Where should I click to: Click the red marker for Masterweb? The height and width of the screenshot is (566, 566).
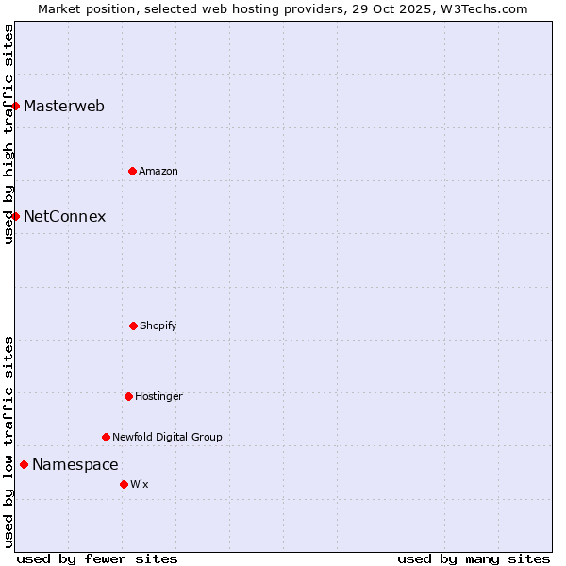[x=16, y=106]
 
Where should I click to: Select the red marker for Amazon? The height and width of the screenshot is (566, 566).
[x=132, y=171]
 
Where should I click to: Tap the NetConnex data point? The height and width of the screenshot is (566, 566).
[x=16, y=216]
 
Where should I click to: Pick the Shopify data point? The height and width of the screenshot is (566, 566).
[x=133, y=325]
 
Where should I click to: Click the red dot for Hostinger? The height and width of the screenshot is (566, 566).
[x=128, y=396]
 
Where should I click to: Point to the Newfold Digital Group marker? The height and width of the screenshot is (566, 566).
[x=106, y=437]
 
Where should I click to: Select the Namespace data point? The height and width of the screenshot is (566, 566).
[x=24, y=464]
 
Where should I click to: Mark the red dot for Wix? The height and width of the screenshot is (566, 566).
[x=124, y=484]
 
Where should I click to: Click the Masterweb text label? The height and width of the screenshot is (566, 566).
[x=64, y=106]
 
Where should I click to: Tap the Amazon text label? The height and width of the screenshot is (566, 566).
[x=158, y=171]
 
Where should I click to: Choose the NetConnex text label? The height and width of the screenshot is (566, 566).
[x=65, y=216]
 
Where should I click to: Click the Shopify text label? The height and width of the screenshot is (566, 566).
[x=158, y=325]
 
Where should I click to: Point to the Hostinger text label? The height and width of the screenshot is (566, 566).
[x=158, y=396]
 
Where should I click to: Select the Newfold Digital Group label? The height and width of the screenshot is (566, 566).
[x=167, y=437]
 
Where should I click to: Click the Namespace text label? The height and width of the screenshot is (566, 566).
[x=75, y=464]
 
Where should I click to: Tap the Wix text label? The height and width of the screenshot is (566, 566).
[x=140, y=484]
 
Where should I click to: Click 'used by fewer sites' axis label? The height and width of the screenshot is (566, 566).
[x=97, y=558]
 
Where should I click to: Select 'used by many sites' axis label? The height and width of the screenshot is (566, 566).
[x=474, y=558]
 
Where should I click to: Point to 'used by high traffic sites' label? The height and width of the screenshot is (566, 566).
[x=8, y=134]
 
